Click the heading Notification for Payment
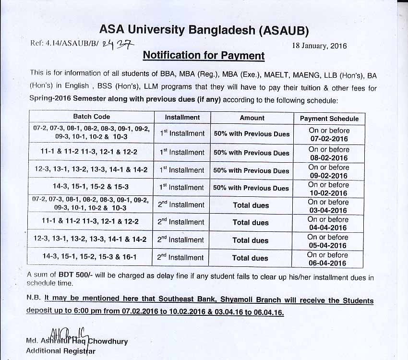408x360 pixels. coord(204,56)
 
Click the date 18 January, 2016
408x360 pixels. coord(319,46)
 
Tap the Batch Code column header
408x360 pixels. coord(91,117)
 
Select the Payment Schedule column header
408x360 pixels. coord(329,119)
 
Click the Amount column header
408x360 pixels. coord(252,118)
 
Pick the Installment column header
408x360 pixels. coord(182,117)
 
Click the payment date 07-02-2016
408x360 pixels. coord(329,139)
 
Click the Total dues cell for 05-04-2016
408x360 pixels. coord(251,240)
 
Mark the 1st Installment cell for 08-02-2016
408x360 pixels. coord(182,152)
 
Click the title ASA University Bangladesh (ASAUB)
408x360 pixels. coord(204,30)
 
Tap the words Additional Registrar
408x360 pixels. coord(60,351)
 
